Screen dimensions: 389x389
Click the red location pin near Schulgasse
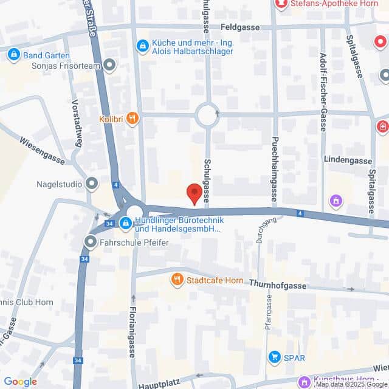click(194, 193)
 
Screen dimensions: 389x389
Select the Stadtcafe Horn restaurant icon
click(177, 280)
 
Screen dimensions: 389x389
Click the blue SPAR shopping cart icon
click(275, 357)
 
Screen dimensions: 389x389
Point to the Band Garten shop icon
click(13, 55)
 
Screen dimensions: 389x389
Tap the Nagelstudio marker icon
click(92, 182)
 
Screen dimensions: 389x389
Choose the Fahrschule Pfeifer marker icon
click(91, 243)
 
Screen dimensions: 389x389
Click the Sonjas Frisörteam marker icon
click(110, 65)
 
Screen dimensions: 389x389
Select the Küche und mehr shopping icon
click(143, 45)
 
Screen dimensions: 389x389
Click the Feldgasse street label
click(240, 27)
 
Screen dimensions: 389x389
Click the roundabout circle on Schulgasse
click(207, 114)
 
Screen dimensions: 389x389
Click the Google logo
click(20, 382)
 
